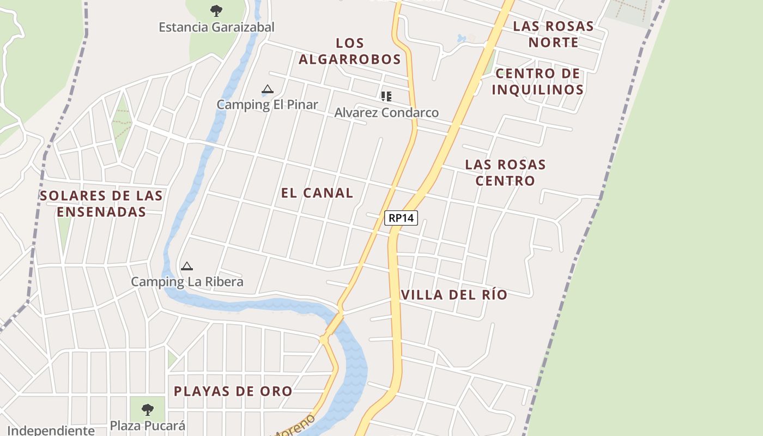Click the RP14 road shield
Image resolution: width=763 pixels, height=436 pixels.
(x=401, y=218)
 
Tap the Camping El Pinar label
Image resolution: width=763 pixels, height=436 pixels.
(x=267, y=105)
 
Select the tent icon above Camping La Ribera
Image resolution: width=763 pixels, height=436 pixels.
(x=187, y=266)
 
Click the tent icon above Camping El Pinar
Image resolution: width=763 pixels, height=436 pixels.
(x=267, y=89)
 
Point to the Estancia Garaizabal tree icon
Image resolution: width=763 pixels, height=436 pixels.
(x=216, y=10)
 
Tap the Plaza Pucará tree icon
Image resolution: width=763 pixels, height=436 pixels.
(x=147, y=409)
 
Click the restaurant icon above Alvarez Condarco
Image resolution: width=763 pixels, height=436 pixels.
(x=386, y=96)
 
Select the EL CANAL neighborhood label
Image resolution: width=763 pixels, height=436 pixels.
(x=317, y=193)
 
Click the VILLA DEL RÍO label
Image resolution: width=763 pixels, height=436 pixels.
(x=454, y=295)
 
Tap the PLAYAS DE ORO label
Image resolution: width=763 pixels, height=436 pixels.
(x=233, y=391)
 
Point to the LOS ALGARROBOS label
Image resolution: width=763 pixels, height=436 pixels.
(x=350, y=51)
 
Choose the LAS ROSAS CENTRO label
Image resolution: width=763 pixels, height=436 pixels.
(x=505, y=172)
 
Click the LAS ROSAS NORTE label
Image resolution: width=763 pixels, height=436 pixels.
(x=553, y=34)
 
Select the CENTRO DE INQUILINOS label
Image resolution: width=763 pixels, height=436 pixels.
(x=538, y=82)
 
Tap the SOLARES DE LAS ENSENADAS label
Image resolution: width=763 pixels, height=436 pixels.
(x=101, y=203)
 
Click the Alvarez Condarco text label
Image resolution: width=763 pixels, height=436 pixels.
(x=386, y=113)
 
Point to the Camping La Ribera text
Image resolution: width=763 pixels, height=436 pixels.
(x=187, y=282)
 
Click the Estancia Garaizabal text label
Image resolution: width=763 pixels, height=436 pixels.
(x=216, y=27)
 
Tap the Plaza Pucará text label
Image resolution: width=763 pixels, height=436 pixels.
(x=148, y=426)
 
